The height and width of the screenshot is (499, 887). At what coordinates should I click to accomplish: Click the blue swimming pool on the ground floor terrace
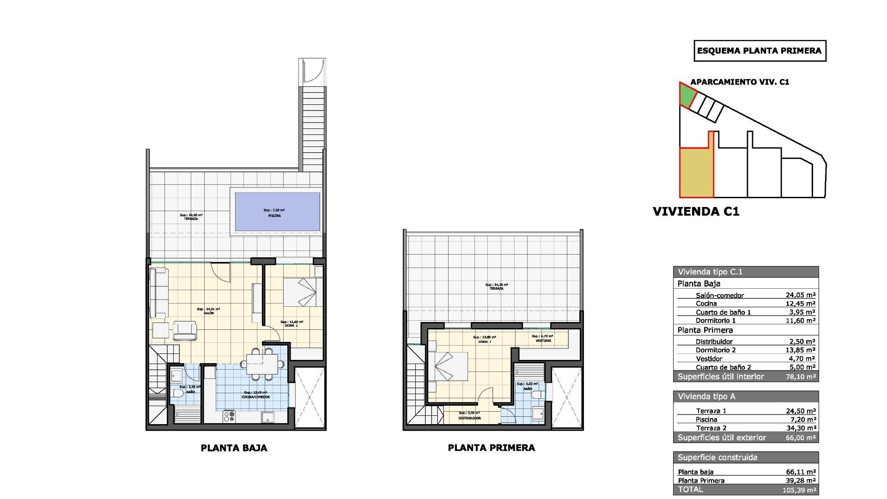tap(277, 212)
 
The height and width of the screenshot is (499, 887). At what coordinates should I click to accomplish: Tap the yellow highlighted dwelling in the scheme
tap(696, 173)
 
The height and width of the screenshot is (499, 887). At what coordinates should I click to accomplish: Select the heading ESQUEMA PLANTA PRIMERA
tap(759, 51)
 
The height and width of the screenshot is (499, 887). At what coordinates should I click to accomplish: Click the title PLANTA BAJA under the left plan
tap(234, 448)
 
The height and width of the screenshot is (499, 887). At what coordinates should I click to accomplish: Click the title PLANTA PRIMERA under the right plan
tap(491, 448)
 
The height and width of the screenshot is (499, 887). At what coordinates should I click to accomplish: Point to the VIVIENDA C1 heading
tap(696, 212)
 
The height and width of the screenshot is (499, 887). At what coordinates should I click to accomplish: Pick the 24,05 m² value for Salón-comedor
tap(800, 295)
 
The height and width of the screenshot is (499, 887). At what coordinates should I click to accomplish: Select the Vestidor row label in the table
tap(709, 359)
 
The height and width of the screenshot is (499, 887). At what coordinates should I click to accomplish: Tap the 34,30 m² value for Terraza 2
tap(800, 428)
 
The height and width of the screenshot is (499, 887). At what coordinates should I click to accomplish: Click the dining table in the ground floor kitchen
tap(262, 363)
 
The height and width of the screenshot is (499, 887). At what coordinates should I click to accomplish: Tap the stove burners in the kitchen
tap(229, 417)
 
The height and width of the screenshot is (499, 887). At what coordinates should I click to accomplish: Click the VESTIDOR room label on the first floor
tap(543, 341)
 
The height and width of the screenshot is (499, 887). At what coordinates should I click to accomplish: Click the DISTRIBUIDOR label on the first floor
tap(469, 418)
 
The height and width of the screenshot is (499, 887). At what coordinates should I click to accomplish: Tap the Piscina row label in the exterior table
tap(706, 420)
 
